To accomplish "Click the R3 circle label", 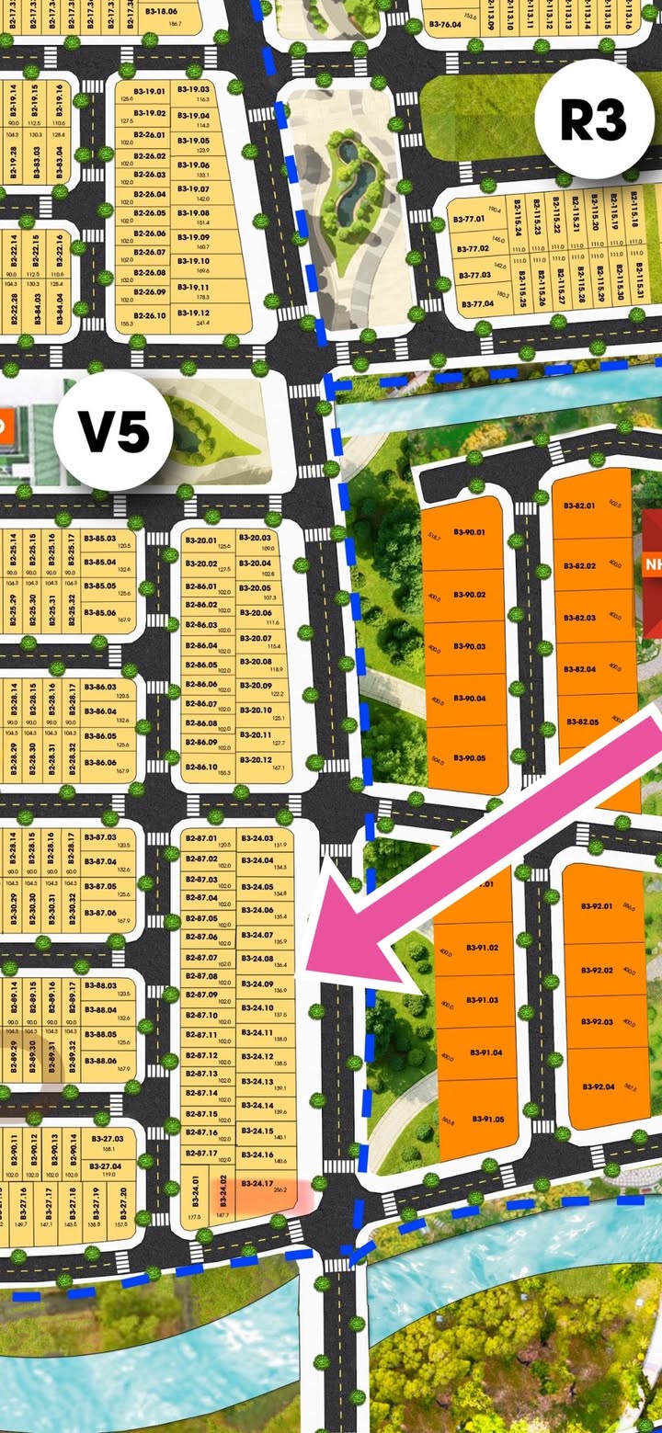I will (x=594, y=119).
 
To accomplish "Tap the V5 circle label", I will (x=113, y=431).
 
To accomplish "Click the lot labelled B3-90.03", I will (x=464, y=647).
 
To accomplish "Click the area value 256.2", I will (x=280, y=1191).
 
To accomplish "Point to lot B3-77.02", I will (x=474, y=249).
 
